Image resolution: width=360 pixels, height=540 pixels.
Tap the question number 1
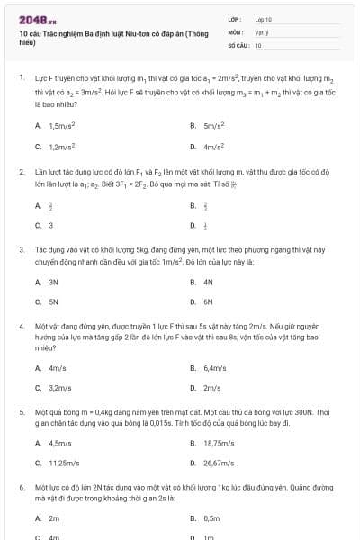pyautogui.click(x=21, y=77)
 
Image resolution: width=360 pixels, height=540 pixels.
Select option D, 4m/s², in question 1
pyautogui.click(x=213, y=145)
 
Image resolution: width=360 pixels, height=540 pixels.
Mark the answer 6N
pyautogui.click(x=208, y=301)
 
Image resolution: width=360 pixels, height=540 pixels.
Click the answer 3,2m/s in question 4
pyautogui.click(x=59, y=387)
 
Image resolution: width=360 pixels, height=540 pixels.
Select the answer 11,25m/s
pyautogui.click(x=62, y=463)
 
